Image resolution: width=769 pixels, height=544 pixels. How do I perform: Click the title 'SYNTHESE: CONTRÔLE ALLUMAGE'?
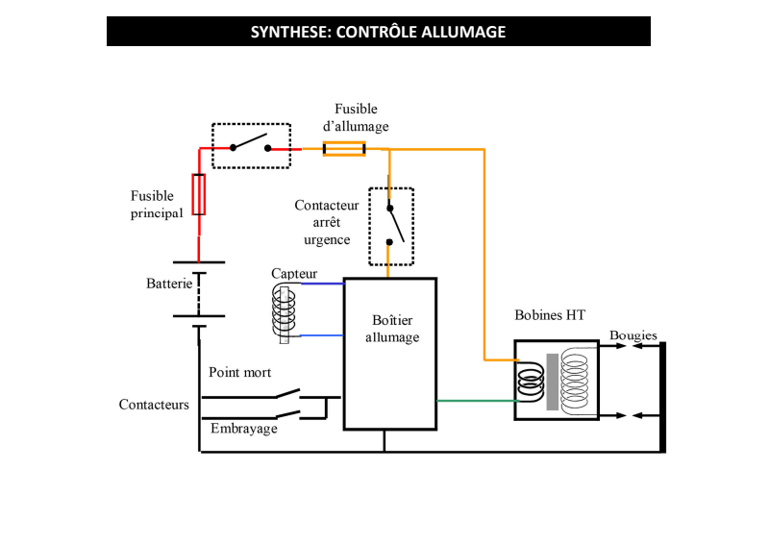(378, 32)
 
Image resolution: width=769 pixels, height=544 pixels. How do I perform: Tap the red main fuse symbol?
(199, 194)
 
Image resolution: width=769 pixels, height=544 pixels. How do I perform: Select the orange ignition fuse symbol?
(343, 149)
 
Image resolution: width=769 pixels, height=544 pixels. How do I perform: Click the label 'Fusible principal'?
(156, 205)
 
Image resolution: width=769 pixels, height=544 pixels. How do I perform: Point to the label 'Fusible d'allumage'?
(356, 117)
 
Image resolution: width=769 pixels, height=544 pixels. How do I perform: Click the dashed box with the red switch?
(251, 146)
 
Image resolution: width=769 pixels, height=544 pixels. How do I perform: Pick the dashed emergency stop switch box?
(391, 226)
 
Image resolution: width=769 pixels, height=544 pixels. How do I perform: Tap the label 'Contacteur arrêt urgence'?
(327, 222)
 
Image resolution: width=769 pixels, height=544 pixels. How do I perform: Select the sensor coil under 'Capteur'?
(285, 309)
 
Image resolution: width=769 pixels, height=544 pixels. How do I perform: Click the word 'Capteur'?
(293, 274)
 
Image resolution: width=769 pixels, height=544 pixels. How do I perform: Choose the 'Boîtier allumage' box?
(390, 354)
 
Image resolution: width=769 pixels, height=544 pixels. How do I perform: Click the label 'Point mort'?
(239, 372)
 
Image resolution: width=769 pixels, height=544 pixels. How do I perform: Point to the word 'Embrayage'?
(244, 429)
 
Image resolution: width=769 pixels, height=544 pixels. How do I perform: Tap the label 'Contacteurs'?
(154, 405)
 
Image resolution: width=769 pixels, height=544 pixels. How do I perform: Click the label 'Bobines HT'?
(550, 314)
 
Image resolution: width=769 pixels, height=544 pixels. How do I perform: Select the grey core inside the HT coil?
(552, 382)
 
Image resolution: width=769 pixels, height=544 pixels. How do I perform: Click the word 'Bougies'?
(633, 335)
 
